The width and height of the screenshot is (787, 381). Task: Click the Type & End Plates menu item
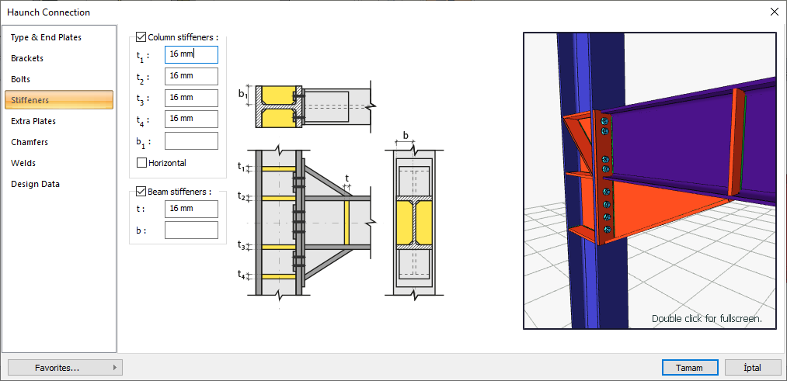(x=46, y=37)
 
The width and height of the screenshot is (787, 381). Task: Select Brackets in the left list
(x=27, y=59)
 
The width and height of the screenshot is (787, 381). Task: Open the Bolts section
(x=20, y=79)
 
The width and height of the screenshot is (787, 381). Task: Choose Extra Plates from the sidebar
(x=33, y=121)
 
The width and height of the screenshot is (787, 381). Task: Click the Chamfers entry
(x=30, y=142)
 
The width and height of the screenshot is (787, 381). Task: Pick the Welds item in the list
(x=23, y=164)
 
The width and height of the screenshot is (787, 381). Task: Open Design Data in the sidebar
(x=35, y=184)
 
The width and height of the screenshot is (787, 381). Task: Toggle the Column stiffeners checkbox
(x=141, y=37)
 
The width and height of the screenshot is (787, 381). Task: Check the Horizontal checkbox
(x=141, y=163)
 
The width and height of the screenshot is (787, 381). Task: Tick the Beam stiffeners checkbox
(x=141, y=192)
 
